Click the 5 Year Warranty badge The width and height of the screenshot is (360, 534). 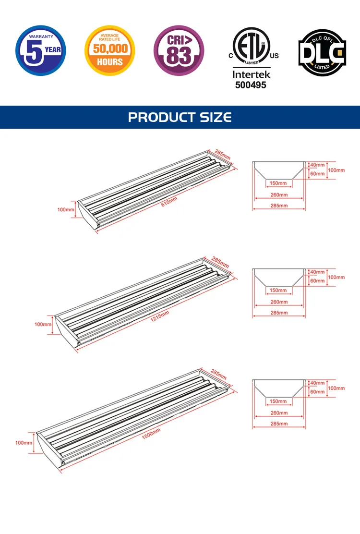coord(41,50)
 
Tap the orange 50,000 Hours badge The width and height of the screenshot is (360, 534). coord(109,50)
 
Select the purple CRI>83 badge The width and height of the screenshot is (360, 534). coord(179,50)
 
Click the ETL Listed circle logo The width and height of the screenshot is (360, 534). coord(252,46)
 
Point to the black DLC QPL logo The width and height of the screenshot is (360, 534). coord(322,53)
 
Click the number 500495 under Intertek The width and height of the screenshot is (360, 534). coord(251,85)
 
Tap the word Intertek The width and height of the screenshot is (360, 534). coord(251,74)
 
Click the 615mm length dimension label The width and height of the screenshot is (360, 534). coord(169,202)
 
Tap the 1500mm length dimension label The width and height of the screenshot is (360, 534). coord(151,434)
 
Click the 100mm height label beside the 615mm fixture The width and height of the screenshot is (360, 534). coord(66,209)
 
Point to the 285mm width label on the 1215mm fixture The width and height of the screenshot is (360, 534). coord(220,262)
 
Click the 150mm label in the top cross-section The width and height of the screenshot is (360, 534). coord(278,183)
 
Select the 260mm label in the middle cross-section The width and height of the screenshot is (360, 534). coord(279,302)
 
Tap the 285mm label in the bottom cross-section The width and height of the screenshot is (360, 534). coord(279,424)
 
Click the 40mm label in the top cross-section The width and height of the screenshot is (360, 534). coord(317,165)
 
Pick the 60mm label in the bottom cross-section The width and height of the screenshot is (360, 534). coord(317,392)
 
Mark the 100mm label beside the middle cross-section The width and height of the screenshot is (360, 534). coord(336,277)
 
